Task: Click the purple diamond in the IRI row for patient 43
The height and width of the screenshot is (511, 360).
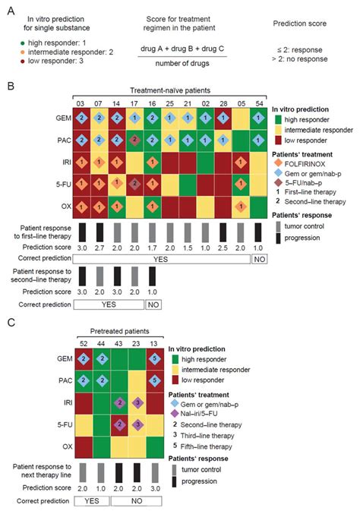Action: (x=119, y=402)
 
